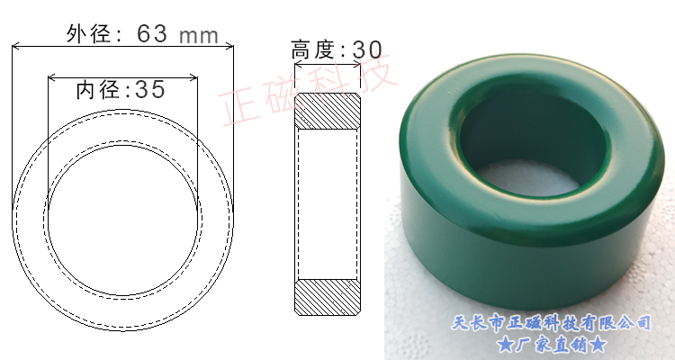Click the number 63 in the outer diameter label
(153, 34)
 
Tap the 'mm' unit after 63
(200, 35)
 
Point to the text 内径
(97, 89)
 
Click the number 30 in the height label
(367, 49)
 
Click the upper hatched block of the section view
(328, 111)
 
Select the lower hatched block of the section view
(328, 297)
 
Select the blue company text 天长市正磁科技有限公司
(550, 321)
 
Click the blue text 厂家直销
(551, 343)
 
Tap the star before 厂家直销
(505, 343)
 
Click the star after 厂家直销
(598, 343)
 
